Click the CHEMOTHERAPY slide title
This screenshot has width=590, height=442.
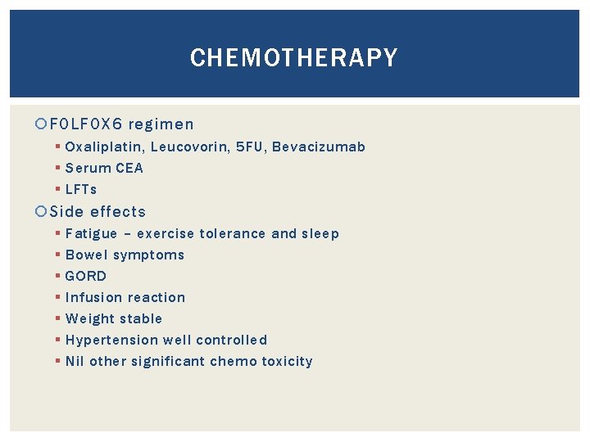click(293, 58)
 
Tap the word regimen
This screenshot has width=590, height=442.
click(161, 125)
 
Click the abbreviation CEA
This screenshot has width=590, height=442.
click(128, 169)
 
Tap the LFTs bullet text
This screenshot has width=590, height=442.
click(81, 190)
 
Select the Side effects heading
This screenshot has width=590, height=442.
click(98, 212)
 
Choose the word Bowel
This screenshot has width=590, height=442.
click(86, 255)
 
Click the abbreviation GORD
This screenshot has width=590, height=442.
click(86, 277)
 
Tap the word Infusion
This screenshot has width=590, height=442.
click(93, 298)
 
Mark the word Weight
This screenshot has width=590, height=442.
click(88, 319)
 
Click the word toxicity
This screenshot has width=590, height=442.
click(287, 362)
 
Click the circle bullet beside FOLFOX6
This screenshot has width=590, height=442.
click(43, 125)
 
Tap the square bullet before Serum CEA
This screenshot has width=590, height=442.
click(57, 169)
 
